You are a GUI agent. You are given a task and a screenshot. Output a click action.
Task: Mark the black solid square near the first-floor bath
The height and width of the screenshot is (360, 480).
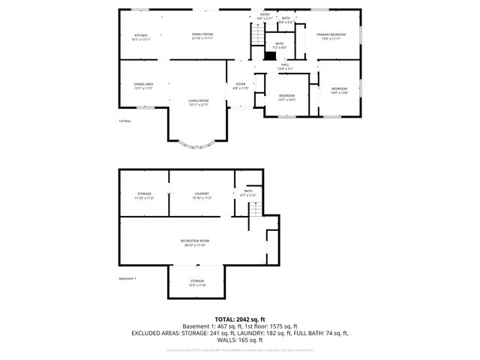[271, 55]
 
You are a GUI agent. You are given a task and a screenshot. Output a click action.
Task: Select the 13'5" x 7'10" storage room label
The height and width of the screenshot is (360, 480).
[196, 283]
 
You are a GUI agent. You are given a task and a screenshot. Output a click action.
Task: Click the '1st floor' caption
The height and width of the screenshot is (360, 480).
[124, 121]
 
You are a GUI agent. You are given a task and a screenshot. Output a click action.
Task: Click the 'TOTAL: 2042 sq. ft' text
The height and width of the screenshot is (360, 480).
[240, 319]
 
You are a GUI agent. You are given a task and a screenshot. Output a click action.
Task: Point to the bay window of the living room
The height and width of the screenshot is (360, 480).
[197, 143]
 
